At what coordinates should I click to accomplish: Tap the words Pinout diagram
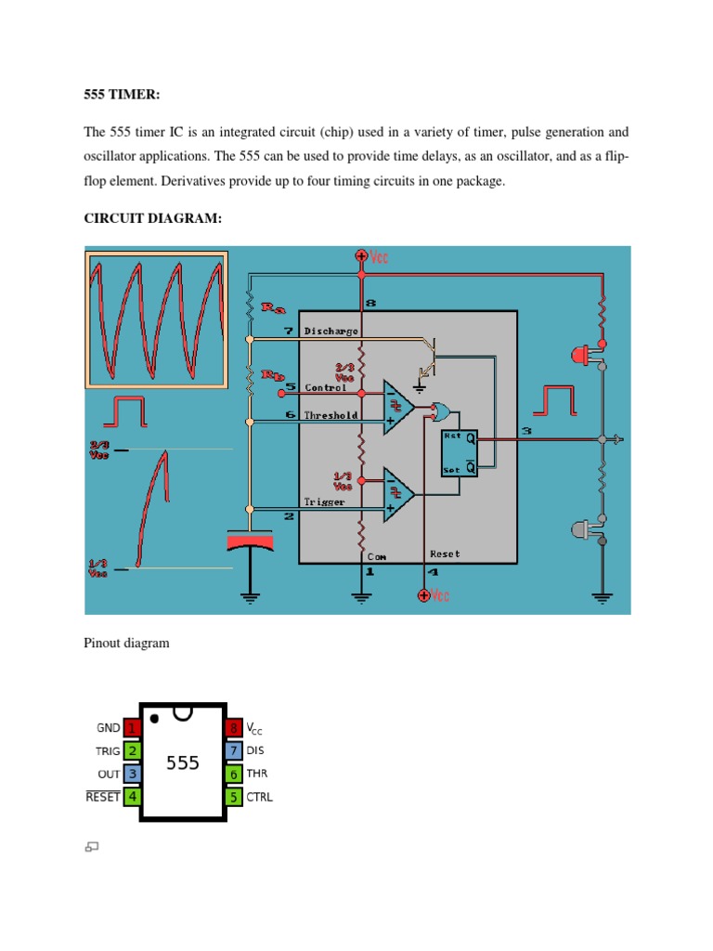pyautogui.click(x=126, y=643)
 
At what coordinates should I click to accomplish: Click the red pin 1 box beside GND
pyautogui.click(x=133, y=728)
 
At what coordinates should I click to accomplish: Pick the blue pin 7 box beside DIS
pyautogui.click(x=233, y=750)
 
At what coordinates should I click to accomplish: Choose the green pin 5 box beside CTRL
pyautogui.click(x=233, y=796)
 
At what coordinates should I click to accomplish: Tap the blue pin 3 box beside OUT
pyautogui.click(x=133, y=774)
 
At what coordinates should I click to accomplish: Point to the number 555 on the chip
pyautogui.click(x=183, y=762)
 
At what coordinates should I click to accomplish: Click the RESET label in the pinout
pyautogui.click(x=103, y=797)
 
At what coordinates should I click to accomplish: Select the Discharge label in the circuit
pyautogui.click(x=331, y=330)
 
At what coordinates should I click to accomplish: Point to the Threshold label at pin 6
pyautogui.click(x=331, y=415)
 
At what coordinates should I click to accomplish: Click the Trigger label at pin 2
pyautogui.click(x=324, y=502)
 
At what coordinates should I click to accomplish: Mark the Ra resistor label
pyautogui.click(x=273, y=306)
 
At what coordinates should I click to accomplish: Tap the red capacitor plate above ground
pyautogui.click(x=250, y=540)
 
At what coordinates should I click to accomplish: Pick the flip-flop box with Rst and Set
pyautogui.click(x=460, y=451)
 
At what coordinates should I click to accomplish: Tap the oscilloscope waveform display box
pyautogui.click(x=157, y=319)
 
